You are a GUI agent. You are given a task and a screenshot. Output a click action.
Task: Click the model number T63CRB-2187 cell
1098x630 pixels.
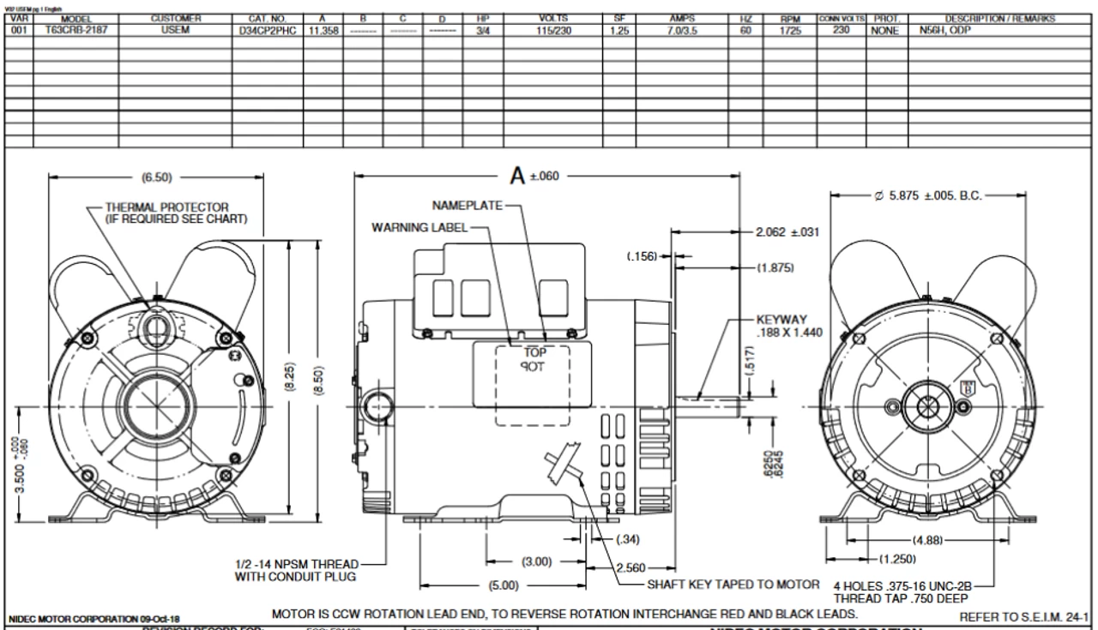[x=75, y=28]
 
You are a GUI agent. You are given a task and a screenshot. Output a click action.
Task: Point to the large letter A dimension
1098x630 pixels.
[x=518, y=176]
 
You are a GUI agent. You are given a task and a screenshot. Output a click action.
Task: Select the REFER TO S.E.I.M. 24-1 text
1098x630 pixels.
[x=1023, y=615]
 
